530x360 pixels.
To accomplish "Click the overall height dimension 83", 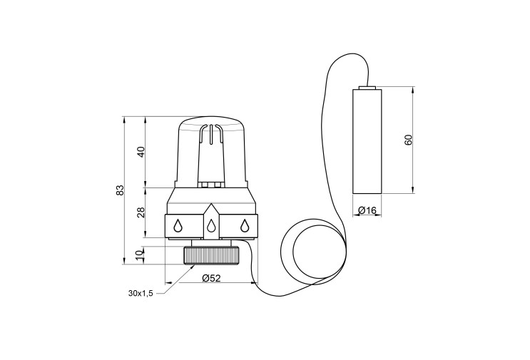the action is click(120, 190).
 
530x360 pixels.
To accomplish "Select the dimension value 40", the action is click(141, 152).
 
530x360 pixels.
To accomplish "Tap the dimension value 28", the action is click(141, 212).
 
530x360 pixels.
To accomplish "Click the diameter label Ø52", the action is click(211, 278).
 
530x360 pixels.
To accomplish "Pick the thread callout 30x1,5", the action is click(141, 293).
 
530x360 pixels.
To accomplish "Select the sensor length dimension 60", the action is click(408, 140).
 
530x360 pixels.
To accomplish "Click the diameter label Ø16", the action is click(367, 211).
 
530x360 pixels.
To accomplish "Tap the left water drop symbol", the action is click(178, 225).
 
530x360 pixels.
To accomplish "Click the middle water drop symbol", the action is click(211, 225).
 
